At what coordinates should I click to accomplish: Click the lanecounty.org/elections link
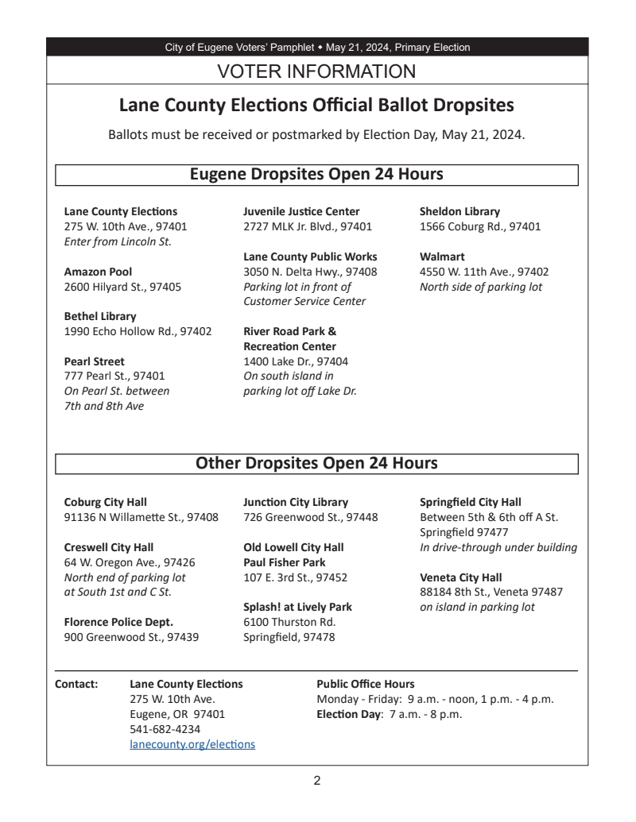pos(192,744)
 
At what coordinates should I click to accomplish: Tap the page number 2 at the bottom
pos(316,781)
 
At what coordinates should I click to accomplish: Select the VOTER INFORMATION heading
pos(316,71)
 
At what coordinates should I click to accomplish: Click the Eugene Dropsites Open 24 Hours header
pos(316,174)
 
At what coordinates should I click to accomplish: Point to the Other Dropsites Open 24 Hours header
pos(316,463)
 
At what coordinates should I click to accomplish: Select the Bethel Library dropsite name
pos(99,316)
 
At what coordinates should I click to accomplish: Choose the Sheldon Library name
pos(460,211)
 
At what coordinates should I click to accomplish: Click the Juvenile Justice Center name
pos(301,211)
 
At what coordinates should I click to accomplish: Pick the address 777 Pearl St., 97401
pos(114,376)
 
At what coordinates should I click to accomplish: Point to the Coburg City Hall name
pos(105,502)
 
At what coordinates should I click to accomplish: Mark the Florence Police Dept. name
pos(118,622)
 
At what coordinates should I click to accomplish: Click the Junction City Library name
pos(296,502)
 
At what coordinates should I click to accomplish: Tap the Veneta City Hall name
pos(461,577)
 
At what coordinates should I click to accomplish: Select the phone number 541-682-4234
pos(165,729)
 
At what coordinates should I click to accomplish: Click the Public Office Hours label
pos(365,684)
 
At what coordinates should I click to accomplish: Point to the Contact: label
pos(76,684)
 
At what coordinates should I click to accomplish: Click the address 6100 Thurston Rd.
pos(289,622)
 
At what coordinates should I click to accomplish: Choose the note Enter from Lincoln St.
pos(118,241)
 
